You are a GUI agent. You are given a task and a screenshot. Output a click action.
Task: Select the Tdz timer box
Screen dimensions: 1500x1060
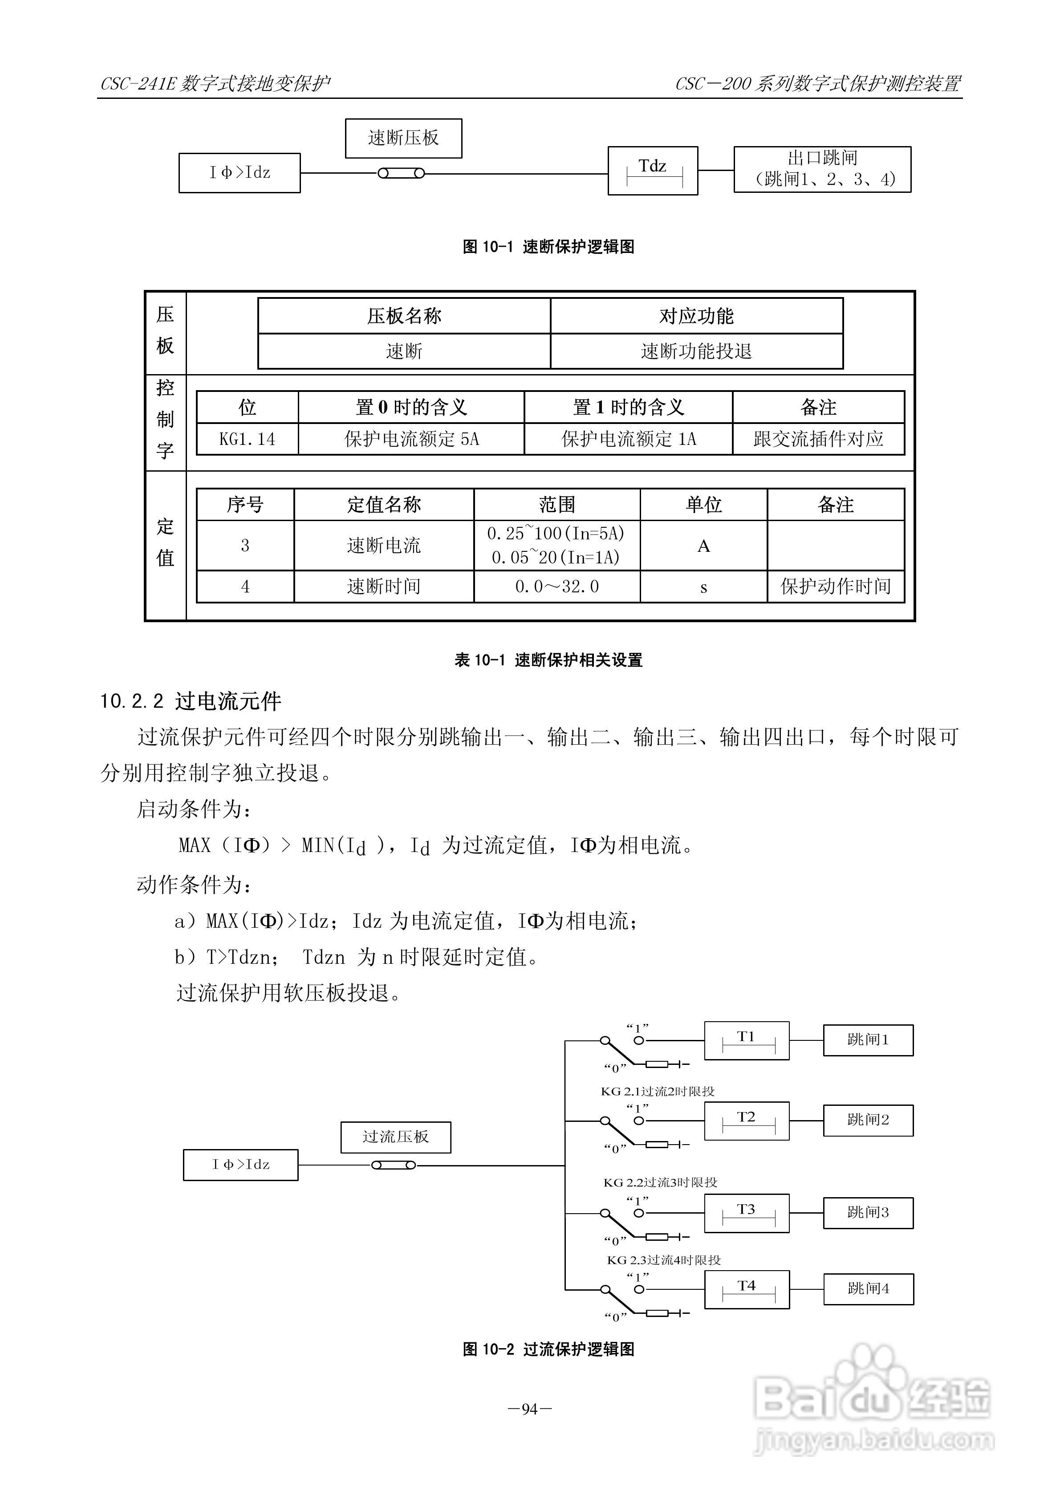pyautogui.click(x=653, y=171)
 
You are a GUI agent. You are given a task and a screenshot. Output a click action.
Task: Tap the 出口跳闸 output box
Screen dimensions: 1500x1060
pyautogui.click(x=822, y=169)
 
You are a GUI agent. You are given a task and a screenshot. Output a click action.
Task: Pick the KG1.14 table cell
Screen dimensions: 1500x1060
pyautogui.click(x=247, y=439)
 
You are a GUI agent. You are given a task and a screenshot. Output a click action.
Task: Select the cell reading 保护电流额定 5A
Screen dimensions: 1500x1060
pyautogui.click(x=411, y=439)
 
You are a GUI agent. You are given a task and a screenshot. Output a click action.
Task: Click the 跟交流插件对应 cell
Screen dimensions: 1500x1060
pyautogui.click(x=818, y=439)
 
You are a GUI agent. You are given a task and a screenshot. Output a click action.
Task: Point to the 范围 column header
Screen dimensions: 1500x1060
pyautogui.click(x=556, y=504)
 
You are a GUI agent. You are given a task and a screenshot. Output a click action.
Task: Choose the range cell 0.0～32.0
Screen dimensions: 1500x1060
pyautogui.click(x=556, y=587)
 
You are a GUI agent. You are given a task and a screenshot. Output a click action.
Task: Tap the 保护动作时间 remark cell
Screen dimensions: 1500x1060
pyautogui.click(x=835, y=587)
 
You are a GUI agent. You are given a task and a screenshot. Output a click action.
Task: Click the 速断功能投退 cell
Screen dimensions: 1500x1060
pyautogui.click(x=696, y=351)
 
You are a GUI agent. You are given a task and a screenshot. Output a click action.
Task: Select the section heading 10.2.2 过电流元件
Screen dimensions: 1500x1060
pyautogui.click(x=190, y=701)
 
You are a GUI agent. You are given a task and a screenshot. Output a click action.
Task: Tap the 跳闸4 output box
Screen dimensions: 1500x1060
pyautogui.click(x=868, y=1289)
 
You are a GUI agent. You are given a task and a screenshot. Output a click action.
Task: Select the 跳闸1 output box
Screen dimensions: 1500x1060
pyautogui.click(x=868, y=1039)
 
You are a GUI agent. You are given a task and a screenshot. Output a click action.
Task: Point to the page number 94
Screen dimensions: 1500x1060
pyautogui.click(x=530, y=1409)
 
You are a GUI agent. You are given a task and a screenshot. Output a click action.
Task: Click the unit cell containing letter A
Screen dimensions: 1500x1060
pyautogui.click(x=703, y=546)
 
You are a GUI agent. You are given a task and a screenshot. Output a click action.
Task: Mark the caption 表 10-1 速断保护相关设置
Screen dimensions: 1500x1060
pyautogui.click(x=548, y=660)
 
